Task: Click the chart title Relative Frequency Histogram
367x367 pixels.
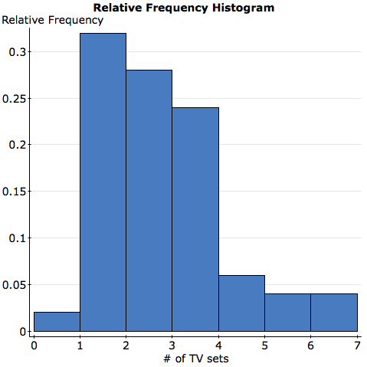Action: pos(183,7)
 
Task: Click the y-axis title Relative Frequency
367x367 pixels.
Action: pos(53,20)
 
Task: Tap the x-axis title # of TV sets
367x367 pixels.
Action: pos(195,358)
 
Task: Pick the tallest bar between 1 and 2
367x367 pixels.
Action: pos(103,182)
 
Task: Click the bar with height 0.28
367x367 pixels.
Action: pos(149,201)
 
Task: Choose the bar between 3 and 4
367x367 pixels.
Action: pos(195,219)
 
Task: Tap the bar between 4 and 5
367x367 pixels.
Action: pos(241,303)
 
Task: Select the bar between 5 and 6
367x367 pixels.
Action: pos(287,313)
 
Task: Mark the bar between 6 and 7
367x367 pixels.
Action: pos(334,313)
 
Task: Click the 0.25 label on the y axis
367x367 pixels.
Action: pos(15,98)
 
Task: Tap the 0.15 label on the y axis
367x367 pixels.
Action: pos(15,191)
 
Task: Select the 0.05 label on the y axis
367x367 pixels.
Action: pos(15,284)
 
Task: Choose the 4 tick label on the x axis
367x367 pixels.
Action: pos(218,345)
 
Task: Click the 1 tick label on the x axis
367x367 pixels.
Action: pos(80,345)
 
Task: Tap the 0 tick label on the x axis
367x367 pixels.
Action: pos(34,345)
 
